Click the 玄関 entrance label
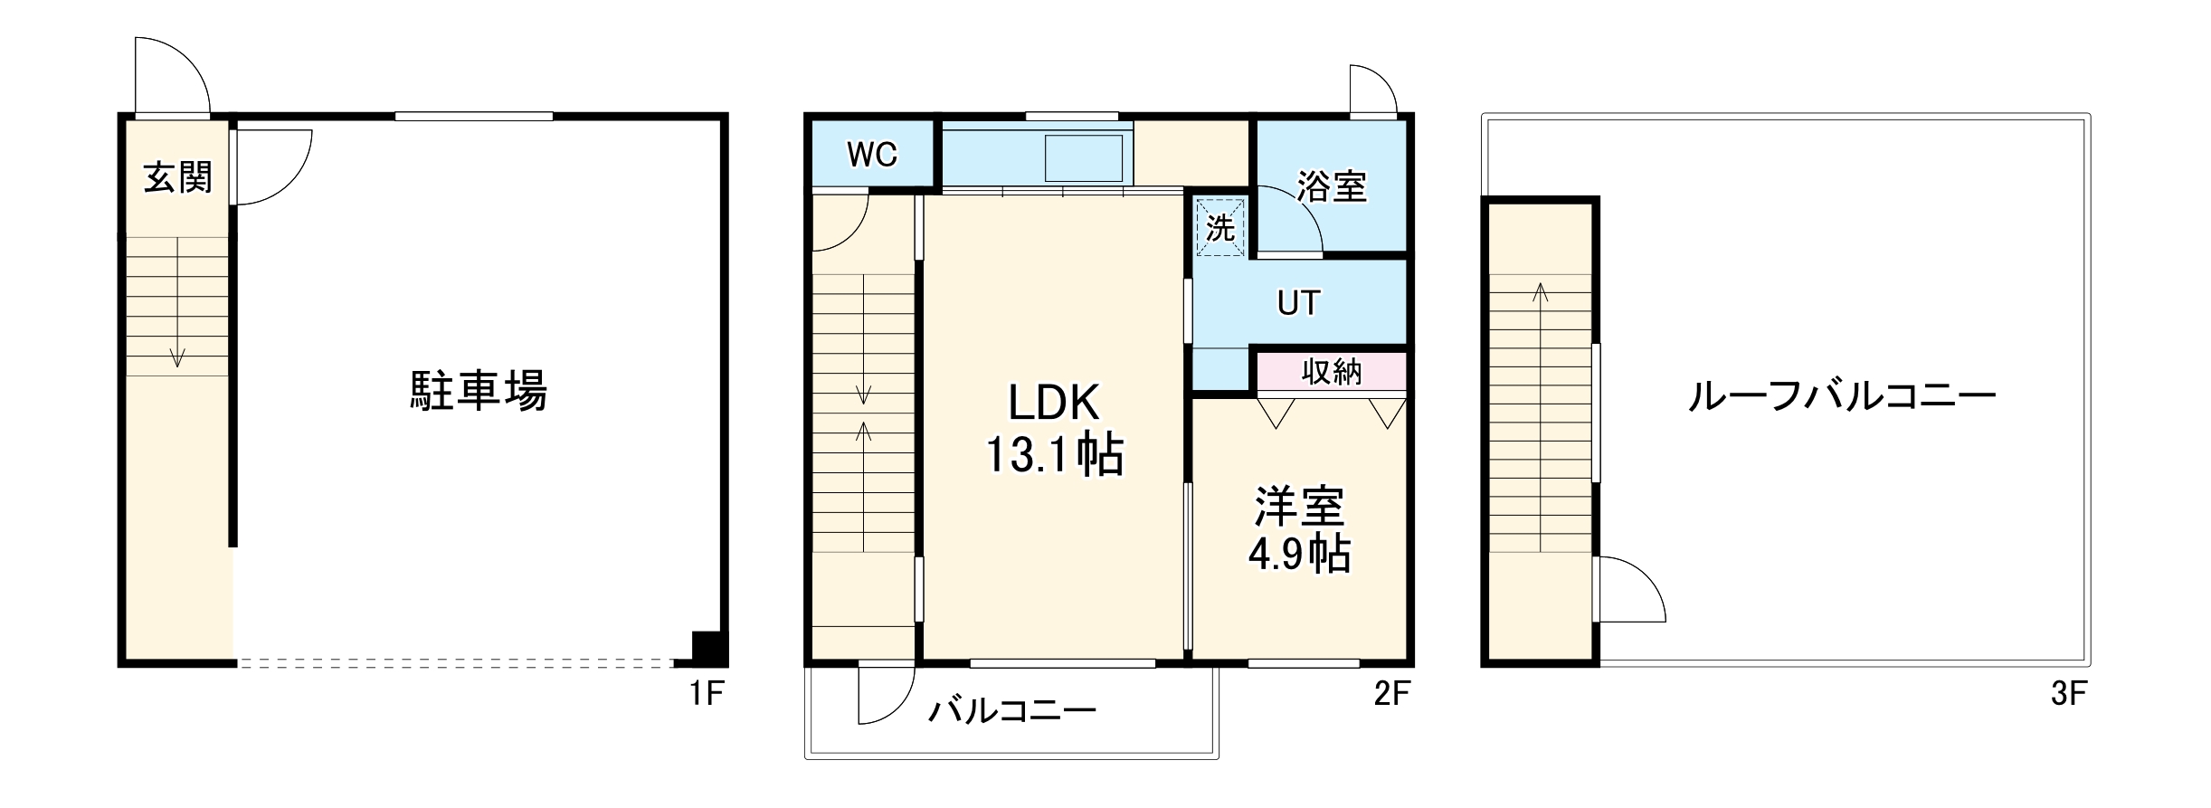(x=178, y=177)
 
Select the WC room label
(x=872, y=155)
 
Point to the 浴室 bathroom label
(x=1331, y=186)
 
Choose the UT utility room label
(x=1298, y=303)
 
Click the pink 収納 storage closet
(x=1332, y=372)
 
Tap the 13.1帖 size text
(x=1053, y=455)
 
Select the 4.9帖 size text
(x=1299, y=554)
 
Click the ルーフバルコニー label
(x=1842, y=397)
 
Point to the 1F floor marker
(x=706, y=694)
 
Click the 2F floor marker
(x=1391, y=694)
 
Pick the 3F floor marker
(x=2068, y=694)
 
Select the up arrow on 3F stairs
(x=1540, y=292)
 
